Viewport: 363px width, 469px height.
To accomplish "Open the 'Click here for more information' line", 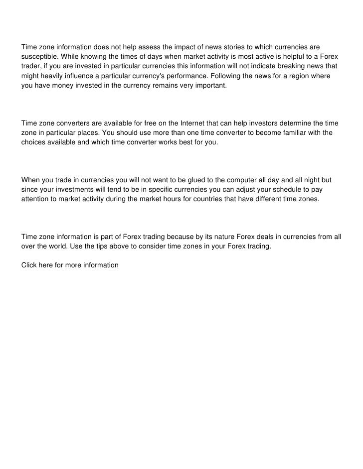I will pyautogui.click(x=70, y=265).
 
